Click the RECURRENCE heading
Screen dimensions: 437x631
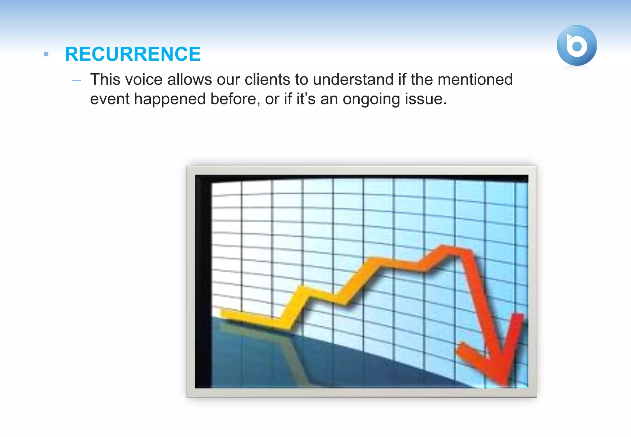[133, 54]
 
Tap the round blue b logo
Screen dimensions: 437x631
[576, 46]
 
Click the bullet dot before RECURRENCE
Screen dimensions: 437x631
[46, 54]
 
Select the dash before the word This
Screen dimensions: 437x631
[76, 81]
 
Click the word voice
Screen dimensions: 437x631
[144, 80]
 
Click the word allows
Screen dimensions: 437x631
[189, 80]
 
